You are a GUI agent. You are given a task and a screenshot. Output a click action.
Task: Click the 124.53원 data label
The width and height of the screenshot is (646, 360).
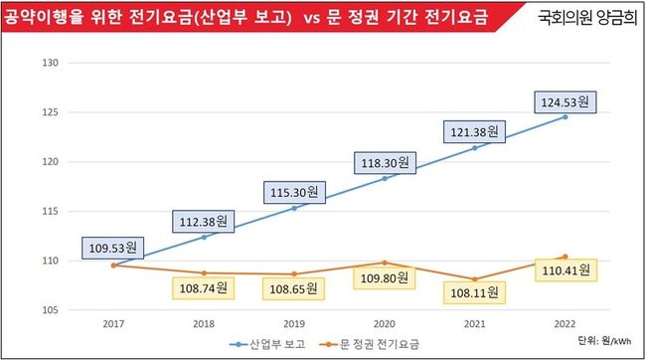(565, 101)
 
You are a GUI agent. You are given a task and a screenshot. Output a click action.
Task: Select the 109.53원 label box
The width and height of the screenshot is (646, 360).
(113, 248)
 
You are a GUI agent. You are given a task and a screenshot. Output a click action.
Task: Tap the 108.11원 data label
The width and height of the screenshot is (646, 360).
(474, 292)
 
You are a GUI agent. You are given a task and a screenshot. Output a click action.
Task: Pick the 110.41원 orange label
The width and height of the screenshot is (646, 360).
(565, 270)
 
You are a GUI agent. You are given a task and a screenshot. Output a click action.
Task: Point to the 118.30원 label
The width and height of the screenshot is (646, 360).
(385, 163)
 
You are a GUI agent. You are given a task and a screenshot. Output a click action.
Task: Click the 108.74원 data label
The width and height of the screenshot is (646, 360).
(203, 287)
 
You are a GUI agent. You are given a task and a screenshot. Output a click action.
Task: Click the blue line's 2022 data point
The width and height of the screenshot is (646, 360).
(565, 117)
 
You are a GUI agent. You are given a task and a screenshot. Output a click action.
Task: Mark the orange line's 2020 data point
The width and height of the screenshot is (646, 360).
(385, 263)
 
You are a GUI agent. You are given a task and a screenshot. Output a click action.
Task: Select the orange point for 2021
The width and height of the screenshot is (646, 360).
(475, 279)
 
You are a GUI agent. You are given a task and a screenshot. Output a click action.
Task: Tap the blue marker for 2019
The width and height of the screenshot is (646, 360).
(294, 208)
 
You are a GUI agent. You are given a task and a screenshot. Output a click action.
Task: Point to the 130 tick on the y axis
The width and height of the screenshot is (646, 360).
(51, 63)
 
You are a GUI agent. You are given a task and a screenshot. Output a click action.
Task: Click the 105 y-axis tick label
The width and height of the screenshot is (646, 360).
(51, 310)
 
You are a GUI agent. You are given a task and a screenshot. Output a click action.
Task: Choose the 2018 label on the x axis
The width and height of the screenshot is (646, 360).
(204, 324)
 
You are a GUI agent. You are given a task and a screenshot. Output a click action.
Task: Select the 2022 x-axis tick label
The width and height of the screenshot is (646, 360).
(565, 324)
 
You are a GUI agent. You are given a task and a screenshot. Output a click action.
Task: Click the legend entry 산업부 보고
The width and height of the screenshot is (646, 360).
(267, 344)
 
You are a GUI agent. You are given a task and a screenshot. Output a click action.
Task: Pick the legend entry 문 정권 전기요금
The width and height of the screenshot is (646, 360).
(370, 344)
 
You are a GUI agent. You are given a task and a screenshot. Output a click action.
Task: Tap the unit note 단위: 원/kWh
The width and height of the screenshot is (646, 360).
(604, 341)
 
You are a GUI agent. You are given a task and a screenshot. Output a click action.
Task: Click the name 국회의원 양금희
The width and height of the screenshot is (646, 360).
(587, 17)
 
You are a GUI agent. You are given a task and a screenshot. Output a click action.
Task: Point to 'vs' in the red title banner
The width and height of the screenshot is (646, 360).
(312, 18)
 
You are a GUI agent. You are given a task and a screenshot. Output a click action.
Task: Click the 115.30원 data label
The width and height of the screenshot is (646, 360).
(294, 192)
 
